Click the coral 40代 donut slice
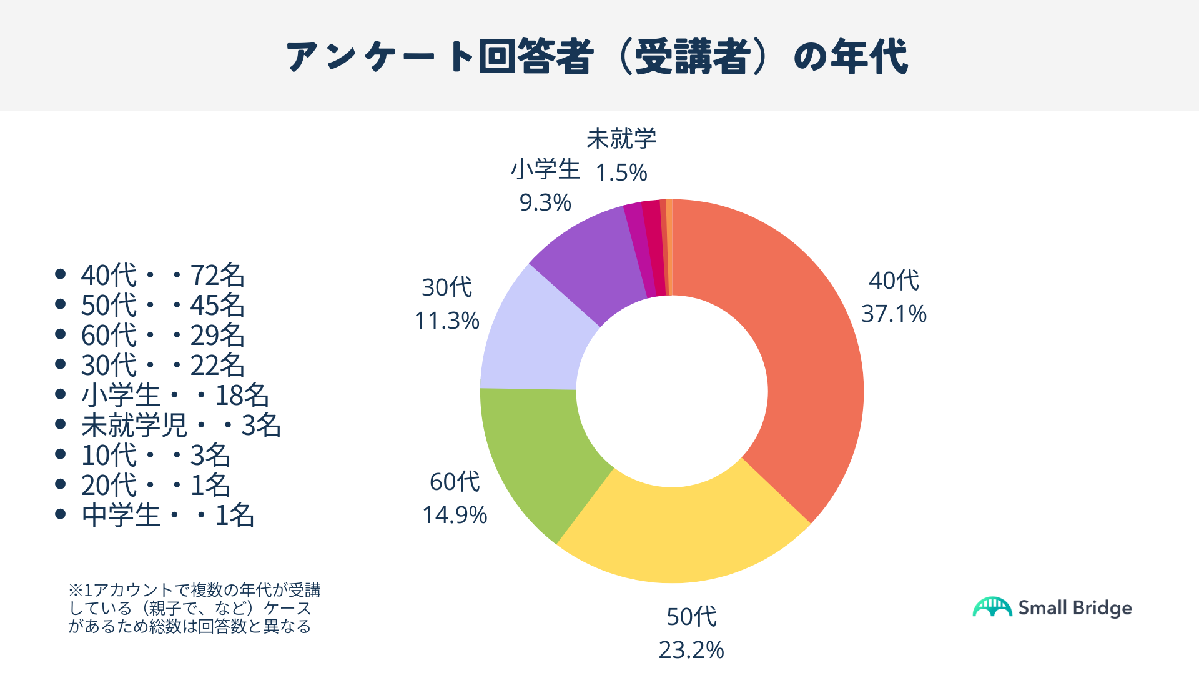806,350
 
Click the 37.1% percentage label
894,314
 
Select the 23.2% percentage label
691,650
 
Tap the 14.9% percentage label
455,515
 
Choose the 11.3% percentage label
447,321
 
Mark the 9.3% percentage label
545,202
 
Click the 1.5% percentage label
621,172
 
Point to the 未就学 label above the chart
621,139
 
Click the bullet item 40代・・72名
162,275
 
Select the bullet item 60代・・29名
162,335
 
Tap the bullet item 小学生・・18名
175,395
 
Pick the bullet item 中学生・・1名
167,515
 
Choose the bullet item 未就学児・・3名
181,425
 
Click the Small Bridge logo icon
992,607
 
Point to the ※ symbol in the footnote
75,590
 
